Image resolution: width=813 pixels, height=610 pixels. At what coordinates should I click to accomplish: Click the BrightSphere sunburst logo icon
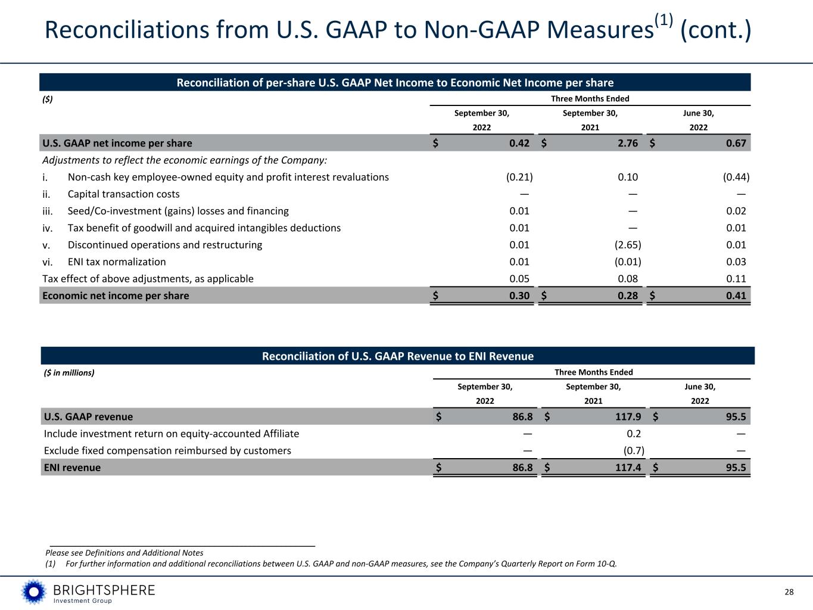pyautogui.click(x=34, y=592)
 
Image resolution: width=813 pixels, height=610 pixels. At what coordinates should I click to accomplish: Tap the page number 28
pyautogui.click(x=789, y=592)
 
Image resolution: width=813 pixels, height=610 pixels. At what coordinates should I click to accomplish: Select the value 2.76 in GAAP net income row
pyautogui.click(x=627, y=143)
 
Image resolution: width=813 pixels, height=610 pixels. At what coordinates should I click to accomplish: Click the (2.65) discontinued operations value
pyautogui.click(x=628, y=245)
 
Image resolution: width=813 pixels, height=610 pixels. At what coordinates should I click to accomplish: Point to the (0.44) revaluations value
pyautogui.click(x=736, y=177)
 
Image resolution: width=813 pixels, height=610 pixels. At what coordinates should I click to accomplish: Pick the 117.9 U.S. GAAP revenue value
pyautogui.click(x=628, y=416)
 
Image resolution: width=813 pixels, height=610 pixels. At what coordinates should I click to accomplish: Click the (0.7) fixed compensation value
pyautogui.click(x=634, y=451)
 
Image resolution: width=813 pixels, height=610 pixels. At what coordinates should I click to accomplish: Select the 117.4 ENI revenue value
pyautogui.click(x=628, y=468)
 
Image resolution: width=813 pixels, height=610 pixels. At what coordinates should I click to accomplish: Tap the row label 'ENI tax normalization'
pyautogui.click(x=117, y=262)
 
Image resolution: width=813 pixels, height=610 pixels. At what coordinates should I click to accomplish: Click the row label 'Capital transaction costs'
pyautogui.click(x=123, y=194)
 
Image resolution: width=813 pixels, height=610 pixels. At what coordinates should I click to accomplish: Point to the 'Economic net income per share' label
pyautogui.click(x=116, y=295)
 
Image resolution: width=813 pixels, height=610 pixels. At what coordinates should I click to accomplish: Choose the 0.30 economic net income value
pyautogui.click(x=519, y=295)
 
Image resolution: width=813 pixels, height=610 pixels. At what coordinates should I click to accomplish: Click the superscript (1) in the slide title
pyautogui.click(x=664, y=20)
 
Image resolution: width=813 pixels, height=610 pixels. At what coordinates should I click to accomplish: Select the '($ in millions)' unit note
pyautogui.click(x=69, y=372)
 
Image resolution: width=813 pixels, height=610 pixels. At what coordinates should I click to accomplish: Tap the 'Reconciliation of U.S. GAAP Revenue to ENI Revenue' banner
pyautogui.click(x=398, y=356)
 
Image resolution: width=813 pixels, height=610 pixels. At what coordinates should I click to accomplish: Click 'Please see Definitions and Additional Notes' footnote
pyautogui.click(x=124, y=553)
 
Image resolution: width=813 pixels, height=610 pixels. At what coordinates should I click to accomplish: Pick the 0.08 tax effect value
pyautogui.click(x=628, y=279)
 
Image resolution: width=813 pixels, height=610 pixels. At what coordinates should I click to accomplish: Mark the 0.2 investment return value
pyautogui.click(x=634, y=434)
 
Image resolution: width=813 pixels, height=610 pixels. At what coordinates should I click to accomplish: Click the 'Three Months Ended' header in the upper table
pyautogui.click(x=590, y=98)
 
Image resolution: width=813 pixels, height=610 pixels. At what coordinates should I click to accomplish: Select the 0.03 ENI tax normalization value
pyautogui.click(x=736, y=262)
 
